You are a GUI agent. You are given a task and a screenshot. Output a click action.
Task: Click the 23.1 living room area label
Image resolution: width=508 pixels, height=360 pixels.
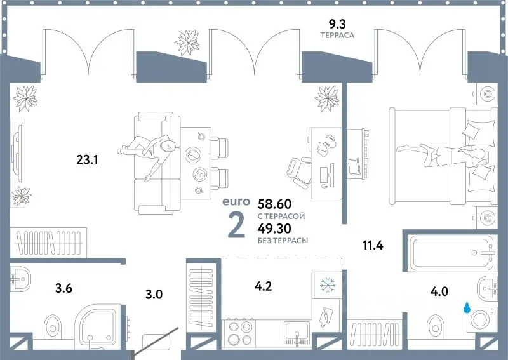tap(87, 160)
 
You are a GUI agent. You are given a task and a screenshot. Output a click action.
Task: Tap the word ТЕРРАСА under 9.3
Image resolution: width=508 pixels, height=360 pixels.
tap(337, 36)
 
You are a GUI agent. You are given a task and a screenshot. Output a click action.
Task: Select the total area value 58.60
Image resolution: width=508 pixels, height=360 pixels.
tap(274, 204)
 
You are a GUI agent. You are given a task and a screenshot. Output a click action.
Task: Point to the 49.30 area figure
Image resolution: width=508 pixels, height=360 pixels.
tap(274, 229)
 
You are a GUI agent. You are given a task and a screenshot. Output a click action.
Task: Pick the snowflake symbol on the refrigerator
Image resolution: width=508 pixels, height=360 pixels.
tap(328, 285)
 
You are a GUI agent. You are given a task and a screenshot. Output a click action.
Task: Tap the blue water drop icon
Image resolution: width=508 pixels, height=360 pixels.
tap(467, 307)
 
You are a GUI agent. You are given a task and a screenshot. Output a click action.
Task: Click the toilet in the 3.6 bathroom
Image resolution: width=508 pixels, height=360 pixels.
tap(52, 325)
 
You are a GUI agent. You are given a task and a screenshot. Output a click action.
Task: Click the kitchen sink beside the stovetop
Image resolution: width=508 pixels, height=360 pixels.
tap(297, 333)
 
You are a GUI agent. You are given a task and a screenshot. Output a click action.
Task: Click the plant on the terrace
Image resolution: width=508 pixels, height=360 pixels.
tap(187, 43)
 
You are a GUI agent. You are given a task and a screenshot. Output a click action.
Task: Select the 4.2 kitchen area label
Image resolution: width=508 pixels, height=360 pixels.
tap(263, 286)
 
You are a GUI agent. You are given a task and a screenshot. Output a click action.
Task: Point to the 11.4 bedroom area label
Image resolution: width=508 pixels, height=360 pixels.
tap(373, 245)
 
